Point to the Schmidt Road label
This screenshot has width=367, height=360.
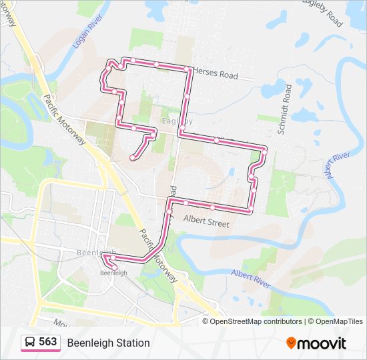286,109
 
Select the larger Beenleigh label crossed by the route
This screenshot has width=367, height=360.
96,253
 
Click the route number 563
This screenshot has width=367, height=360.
48,342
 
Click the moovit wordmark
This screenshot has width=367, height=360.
322,343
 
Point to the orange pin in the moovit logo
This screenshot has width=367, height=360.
291,343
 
